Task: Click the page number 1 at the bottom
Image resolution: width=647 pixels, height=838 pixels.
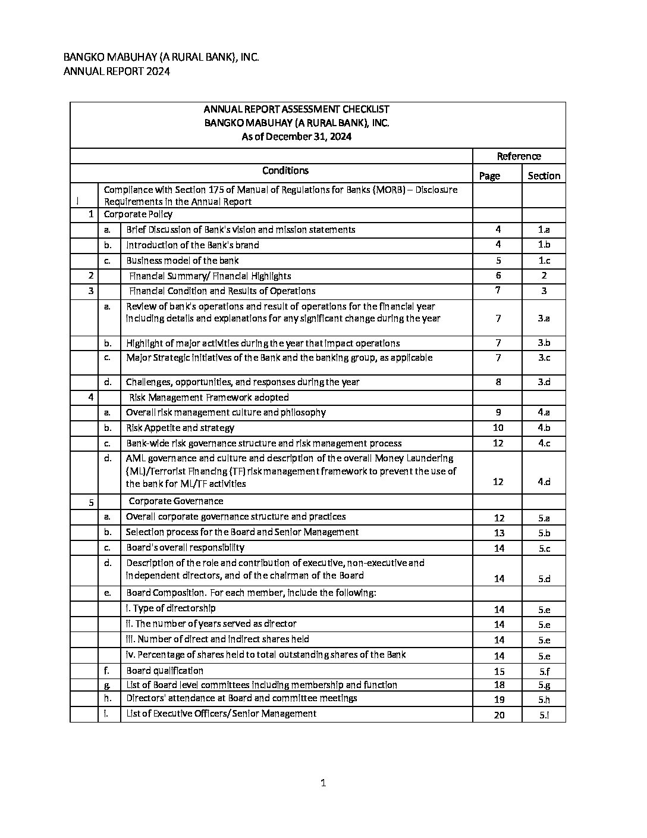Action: (x=323, y=783)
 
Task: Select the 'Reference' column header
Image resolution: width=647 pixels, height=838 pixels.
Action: (x=519, y=156)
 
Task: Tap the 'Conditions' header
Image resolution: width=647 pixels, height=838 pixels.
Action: (x=285, y=170)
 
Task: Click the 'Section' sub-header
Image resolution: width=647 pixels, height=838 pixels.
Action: (x=544, y=176)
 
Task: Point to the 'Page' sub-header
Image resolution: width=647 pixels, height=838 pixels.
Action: (x=489, y=176)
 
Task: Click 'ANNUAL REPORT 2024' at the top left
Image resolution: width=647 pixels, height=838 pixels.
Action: (x=117, y=71)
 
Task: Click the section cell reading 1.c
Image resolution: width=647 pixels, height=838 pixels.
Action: (x=544, y=261)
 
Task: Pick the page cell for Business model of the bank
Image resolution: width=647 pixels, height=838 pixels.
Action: (x=498, y=261)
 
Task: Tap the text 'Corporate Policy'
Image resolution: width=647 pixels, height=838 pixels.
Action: (x=138, y=214)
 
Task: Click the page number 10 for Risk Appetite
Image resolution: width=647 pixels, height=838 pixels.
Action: (x=498, y=428)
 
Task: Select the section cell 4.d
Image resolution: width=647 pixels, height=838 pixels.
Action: (x=544, y=481)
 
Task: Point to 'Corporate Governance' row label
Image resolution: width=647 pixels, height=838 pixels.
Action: (x=176, y=501)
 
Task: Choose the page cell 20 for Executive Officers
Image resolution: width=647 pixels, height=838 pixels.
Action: (x=499, y=715)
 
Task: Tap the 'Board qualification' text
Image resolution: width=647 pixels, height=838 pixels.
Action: (x=165, y=670)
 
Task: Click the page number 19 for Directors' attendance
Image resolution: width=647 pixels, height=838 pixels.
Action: (x=499, y=700)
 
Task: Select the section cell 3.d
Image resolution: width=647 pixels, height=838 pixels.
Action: (x=544, y=382)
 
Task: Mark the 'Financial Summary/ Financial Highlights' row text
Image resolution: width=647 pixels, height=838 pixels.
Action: (x=210, y=276)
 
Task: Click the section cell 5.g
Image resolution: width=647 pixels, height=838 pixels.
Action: (x=544, y=685)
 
